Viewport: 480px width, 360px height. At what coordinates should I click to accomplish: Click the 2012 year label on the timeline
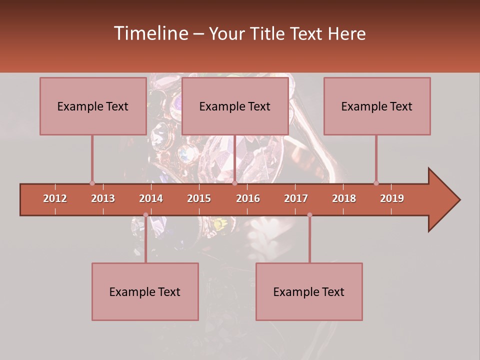55,198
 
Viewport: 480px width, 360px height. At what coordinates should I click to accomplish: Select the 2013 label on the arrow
103,198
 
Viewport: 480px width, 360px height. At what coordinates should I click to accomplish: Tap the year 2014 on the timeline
151,198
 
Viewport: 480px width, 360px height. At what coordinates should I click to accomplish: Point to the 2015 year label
199,198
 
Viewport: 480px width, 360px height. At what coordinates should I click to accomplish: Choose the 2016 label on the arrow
248,198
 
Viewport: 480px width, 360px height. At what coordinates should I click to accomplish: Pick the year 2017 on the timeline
296,198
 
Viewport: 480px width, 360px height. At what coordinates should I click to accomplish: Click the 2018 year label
344,198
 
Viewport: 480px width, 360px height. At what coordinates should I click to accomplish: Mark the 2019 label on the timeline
392,198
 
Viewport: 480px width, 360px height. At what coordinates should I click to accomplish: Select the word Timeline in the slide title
150,33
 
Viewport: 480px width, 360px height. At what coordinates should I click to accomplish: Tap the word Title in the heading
267,33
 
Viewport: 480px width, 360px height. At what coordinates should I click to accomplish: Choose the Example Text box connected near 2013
93,106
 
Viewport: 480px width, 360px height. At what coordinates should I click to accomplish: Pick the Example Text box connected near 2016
235,106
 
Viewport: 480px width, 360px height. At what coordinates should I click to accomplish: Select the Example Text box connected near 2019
377,106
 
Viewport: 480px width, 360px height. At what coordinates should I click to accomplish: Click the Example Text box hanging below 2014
145,291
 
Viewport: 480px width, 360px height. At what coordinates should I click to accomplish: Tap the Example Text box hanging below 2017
309,291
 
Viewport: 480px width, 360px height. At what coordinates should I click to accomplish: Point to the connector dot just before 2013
92,183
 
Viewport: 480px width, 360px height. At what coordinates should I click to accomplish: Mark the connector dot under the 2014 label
145,215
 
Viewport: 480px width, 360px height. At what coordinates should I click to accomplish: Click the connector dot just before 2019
376,183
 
